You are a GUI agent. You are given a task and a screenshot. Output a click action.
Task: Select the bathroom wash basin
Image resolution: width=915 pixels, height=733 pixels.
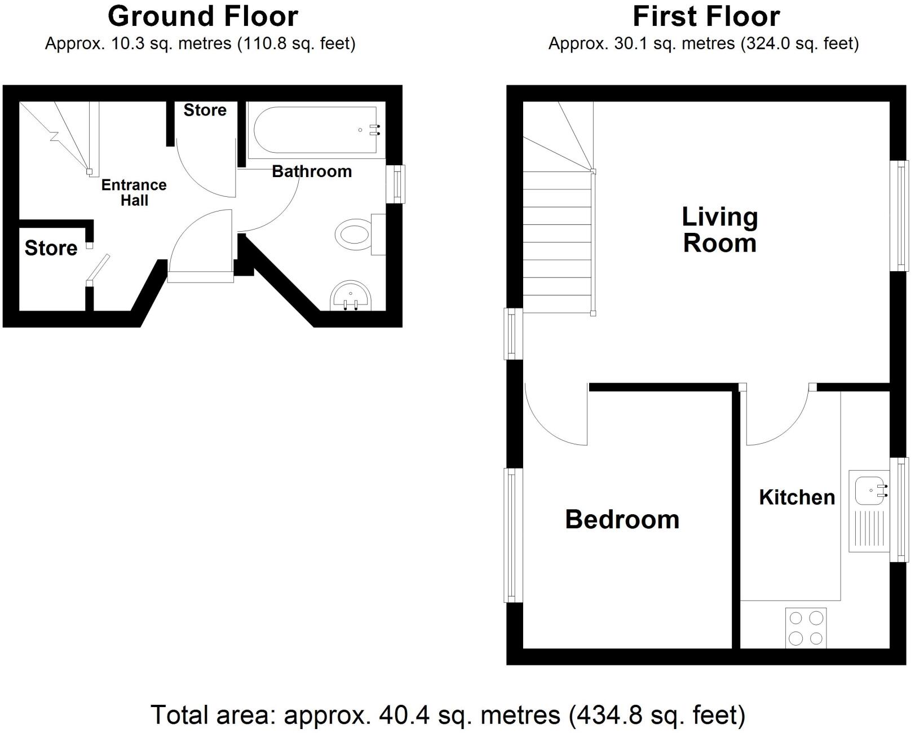[x=351, y=295]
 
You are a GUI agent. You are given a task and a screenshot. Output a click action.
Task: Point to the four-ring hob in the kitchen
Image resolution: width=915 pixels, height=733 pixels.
[x=806, y=628]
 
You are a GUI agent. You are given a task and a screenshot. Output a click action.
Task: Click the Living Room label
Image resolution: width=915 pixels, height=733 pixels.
[x=719, y=230]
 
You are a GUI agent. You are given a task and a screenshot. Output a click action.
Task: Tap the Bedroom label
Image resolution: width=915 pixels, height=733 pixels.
[x=622, y=519]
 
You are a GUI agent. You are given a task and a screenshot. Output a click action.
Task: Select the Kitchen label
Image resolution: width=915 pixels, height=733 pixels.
[x=797, y=497]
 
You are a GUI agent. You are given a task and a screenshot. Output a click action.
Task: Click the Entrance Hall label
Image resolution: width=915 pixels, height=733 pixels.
[x=134, y=193]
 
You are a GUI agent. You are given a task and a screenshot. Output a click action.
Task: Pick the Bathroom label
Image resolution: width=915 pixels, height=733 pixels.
[x=312, y=171]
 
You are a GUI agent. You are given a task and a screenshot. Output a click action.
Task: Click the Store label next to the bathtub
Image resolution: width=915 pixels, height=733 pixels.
[x=205, y=110]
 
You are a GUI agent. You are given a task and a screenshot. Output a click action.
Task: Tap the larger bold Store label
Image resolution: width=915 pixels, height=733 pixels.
[x=51, y=248]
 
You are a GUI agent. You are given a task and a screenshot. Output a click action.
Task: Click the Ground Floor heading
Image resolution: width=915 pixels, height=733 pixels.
[x=202, y=16]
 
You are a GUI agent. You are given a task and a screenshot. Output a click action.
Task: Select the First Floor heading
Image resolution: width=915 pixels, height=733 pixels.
[x=706, y=16]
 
